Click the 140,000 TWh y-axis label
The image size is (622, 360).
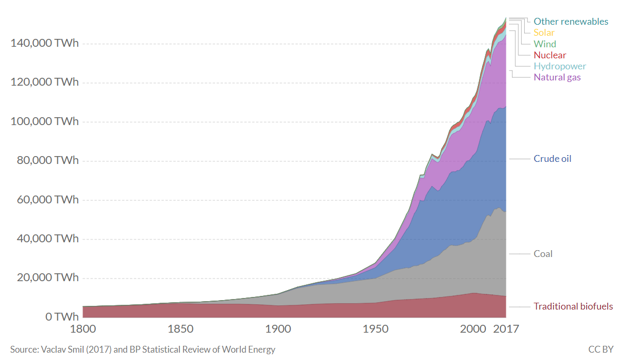(x=44, y=44)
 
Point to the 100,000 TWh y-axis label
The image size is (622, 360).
(x=44, y=121)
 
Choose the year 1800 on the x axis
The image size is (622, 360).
(x=83, y=330)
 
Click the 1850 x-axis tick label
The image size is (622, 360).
(x=180, y=330)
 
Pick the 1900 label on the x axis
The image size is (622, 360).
(x=278, y=330)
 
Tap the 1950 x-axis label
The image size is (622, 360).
(x=375, y=330)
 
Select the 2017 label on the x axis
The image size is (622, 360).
(x=506, y=330)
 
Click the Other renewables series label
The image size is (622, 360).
(x=570, y=22)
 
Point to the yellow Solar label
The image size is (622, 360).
(x=544, y=33)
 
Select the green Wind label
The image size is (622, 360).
(x=545, y=44)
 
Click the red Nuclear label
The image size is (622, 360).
(x=550, y=55)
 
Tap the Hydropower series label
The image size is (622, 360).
(x=559, y=66)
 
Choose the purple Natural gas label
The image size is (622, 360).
(x=557, y=77)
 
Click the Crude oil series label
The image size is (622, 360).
(x=552, y=159)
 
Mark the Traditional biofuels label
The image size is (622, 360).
(x=573, y=306)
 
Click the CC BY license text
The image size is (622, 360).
(x=601, y=349)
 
